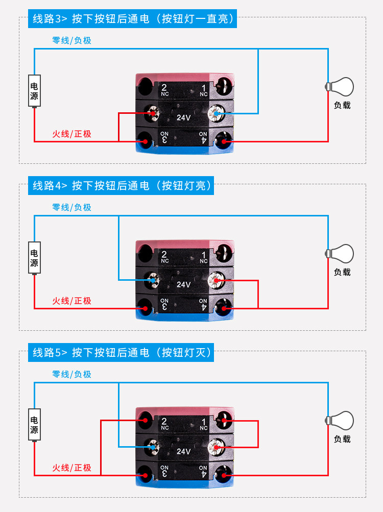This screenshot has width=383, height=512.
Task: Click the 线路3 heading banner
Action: click(133, 19)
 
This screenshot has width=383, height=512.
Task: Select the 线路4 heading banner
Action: click(121, 185)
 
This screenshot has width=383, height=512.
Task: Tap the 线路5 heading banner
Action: click(121, 352)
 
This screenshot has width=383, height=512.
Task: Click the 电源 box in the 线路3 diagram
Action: click(34, 91)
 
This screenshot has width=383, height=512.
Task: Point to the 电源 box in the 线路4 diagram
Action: click(34, 258)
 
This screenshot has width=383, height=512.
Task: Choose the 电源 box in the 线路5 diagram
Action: click(34, 424)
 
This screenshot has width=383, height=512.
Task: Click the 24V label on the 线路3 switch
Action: click(184, 117)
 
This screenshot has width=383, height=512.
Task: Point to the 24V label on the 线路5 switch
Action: click(184, 451)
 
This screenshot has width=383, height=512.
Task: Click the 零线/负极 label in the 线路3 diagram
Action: click(71, 40)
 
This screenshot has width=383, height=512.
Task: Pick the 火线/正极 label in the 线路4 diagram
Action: click(71, 301)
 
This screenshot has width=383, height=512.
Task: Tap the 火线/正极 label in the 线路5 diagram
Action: click(71, 468)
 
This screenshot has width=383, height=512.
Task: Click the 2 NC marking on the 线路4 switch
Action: click(164, 256)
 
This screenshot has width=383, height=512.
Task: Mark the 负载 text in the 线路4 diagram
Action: click(342, 272)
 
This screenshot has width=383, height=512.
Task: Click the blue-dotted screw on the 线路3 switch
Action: click(217, 113)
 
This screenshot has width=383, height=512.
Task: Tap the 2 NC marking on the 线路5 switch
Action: click(164, 423)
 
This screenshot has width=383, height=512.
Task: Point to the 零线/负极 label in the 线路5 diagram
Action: click(71, 374)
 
